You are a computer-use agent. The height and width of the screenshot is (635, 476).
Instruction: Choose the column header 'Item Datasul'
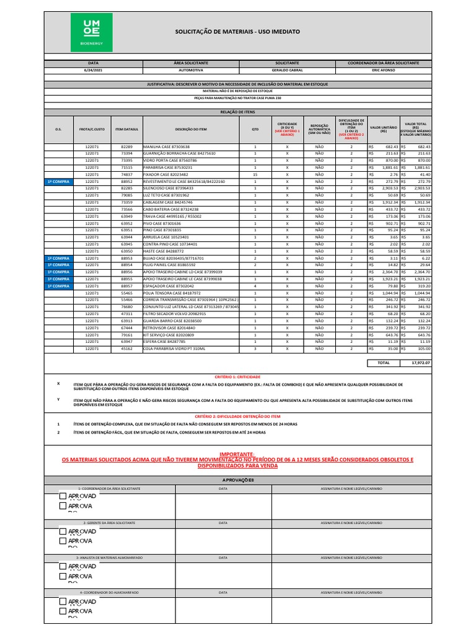[x=126, y=129]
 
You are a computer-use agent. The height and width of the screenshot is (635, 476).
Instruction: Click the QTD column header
[x=255, y=129]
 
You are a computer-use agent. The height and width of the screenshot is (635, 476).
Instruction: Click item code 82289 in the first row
[x=126, y=146]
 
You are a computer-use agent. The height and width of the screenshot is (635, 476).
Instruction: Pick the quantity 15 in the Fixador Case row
[x=255, y=174]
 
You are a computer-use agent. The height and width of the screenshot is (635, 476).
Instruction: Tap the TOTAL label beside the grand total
[x=384, y=362]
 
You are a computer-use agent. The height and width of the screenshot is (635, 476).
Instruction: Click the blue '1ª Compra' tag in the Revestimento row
[x=58, y=182]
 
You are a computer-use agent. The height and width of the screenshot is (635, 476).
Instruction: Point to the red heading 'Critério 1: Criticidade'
[x=237, y=376]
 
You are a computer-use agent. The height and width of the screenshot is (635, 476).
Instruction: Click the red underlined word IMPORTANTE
[x=237, y=454]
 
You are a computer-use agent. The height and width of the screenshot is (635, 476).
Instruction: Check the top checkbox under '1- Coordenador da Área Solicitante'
[x=63, y=496]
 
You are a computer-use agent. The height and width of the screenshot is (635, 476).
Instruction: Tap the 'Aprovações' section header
[x=237, y=481]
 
